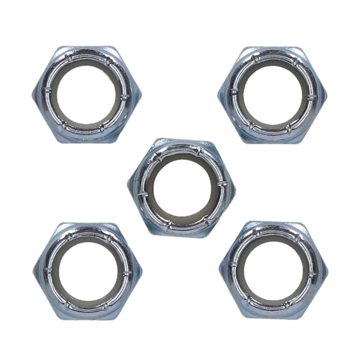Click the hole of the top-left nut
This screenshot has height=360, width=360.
88,95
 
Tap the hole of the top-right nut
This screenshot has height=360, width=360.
272,95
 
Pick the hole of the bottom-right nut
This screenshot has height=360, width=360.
272,272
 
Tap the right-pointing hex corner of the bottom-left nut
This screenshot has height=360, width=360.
142,271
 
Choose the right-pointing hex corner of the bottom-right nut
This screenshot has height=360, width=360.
327,271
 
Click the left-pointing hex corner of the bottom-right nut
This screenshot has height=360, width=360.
220,271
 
